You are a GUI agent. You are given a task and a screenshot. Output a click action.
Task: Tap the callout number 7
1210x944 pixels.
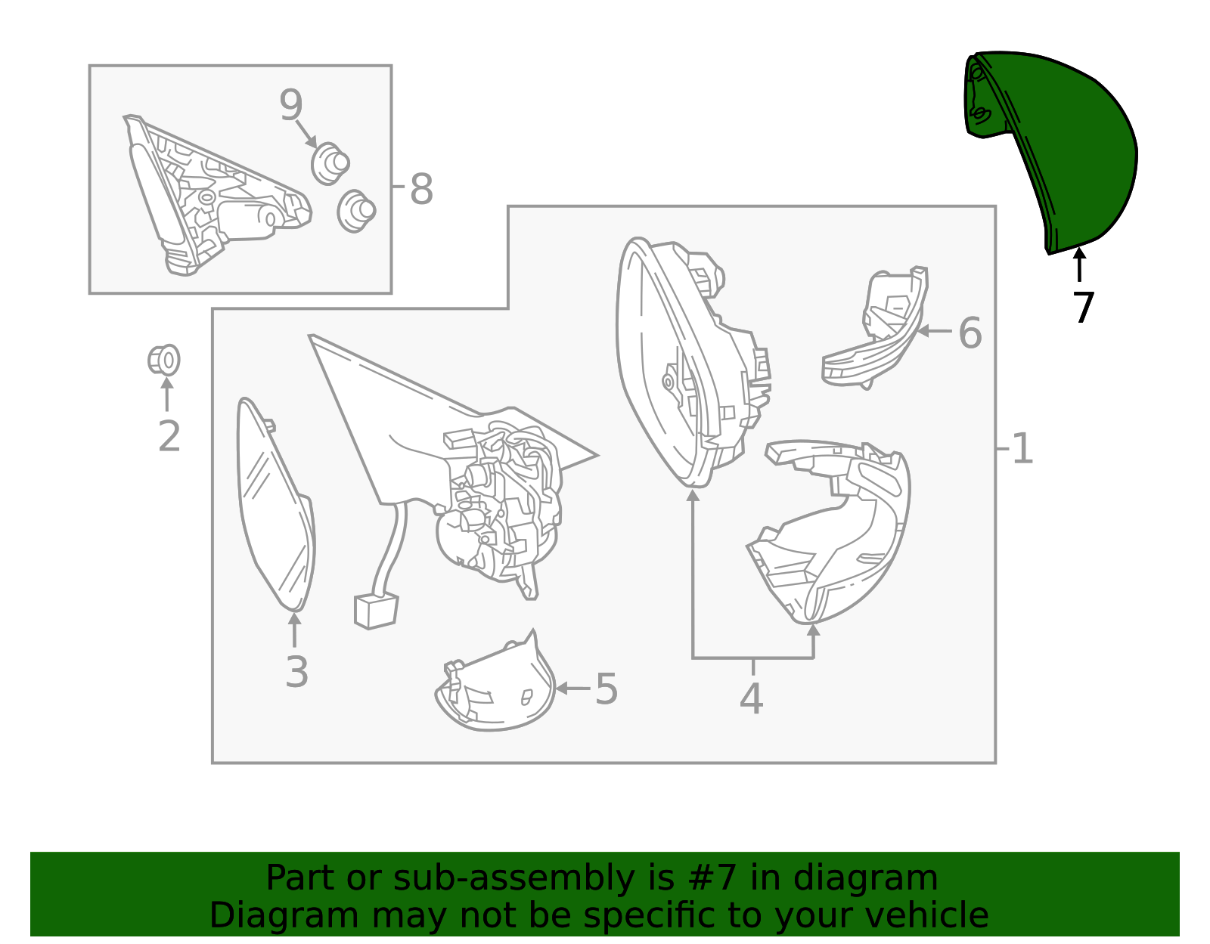(1083, 308)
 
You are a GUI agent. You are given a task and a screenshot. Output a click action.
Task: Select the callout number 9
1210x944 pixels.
(290, 104)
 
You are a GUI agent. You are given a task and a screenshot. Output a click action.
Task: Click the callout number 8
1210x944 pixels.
(421, 189)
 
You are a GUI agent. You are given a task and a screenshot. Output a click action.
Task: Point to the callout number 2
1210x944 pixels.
(169, 435)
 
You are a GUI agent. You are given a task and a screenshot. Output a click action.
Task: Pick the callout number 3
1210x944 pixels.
(296, 672)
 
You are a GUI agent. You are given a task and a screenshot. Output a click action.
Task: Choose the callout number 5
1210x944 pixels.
(607, 688)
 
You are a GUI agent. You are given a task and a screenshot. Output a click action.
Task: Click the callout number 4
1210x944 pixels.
(751, 698)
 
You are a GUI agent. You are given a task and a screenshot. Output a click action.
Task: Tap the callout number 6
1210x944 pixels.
(970, 333)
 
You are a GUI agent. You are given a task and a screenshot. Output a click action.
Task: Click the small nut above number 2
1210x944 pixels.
(163, 360)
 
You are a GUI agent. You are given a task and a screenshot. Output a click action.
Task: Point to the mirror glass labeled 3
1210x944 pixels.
(275, 503)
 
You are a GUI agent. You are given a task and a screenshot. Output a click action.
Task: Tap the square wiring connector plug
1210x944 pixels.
(377, 611)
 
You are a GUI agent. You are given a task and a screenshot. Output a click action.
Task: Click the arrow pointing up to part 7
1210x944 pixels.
(1080, 265)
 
